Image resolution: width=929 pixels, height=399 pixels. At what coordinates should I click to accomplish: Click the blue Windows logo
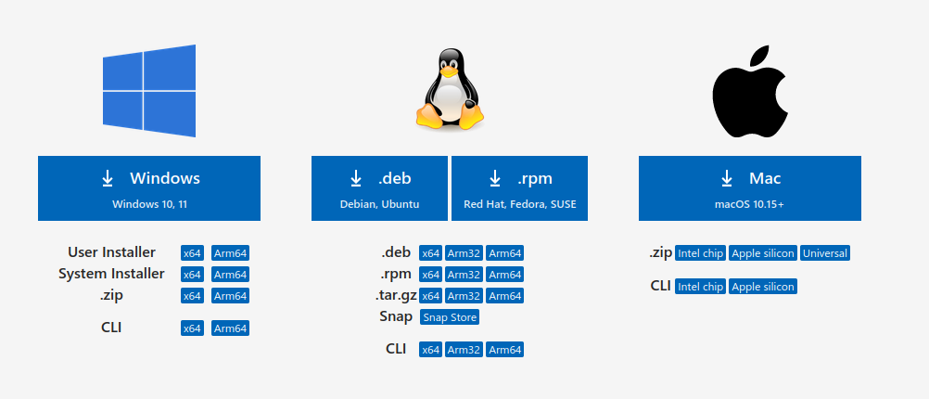click(x=149, y=91)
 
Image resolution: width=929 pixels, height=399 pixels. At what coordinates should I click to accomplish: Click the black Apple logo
click(x=749, y=90)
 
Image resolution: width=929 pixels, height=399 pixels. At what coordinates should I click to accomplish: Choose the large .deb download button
click(x=379, y=188)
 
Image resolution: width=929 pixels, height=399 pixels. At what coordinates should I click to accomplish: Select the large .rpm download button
click(x=520, y=188)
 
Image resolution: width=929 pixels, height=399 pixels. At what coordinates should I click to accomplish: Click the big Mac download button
click(x=749, y=188)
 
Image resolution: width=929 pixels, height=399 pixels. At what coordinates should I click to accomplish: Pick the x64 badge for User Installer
click(x=192, y=252)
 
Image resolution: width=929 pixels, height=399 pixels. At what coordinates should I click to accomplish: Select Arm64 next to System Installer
click(x=230, y=274)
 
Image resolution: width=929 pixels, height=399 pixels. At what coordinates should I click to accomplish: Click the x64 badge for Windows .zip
click(x=192, y=296)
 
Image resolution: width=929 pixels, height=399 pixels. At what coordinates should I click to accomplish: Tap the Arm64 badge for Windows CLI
click(x=230, y=328)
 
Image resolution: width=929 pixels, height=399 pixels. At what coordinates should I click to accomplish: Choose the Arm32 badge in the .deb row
click(x=464, y=252)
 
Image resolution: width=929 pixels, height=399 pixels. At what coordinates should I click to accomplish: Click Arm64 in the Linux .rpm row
click(x=504, y=274)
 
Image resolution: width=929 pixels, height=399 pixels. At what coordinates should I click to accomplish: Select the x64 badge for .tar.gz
click(x=430, y=296)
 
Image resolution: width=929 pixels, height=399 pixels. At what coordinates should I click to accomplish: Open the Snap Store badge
click(x=450, y=317)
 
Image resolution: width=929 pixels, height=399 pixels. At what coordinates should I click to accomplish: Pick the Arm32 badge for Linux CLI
click(x=464, y=350)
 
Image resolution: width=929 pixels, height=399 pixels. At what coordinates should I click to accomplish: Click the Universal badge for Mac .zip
click(x=825, y=253)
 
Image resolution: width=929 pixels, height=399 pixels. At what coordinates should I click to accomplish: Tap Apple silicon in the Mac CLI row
click(x=762, y=287)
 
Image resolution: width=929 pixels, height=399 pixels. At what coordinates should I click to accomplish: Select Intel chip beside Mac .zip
click(x=700, y=253)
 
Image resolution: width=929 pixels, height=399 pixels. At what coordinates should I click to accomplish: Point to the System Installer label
click(x=111, y=274)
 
